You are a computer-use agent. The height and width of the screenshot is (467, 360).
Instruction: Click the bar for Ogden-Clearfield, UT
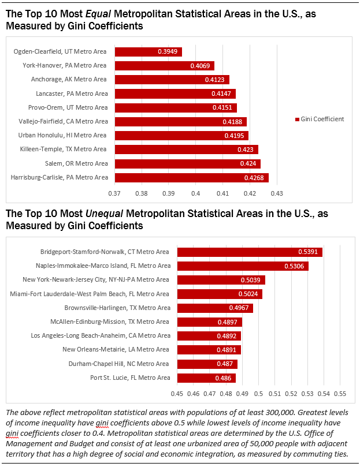click(149, 52)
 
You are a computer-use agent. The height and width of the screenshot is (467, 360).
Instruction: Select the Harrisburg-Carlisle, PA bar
click(192, 177)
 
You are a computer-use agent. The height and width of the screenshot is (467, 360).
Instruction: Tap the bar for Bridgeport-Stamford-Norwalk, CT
click(250, 252)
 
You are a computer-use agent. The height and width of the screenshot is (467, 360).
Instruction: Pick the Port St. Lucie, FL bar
click(206, 378)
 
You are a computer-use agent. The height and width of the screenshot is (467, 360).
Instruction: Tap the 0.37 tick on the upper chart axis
click(114, 192)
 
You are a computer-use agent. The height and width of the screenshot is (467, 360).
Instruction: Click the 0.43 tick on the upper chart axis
click(276, 192)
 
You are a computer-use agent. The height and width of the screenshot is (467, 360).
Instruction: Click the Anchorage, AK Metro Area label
click(76, 80)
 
